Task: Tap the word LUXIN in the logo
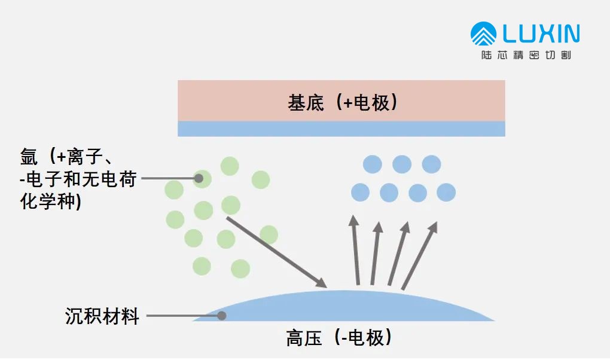541,33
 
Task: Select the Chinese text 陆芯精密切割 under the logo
526,56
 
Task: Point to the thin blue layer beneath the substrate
341,129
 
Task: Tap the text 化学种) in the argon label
51,201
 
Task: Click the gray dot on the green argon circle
198,178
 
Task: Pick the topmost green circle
230,166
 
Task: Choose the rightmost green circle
269,235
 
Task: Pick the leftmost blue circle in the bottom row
360,192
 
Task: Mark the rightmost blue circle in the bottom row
446,192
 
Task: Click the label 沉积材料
102,316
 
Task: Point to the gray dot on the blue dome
221,315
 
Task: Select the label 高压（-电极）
338,339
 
